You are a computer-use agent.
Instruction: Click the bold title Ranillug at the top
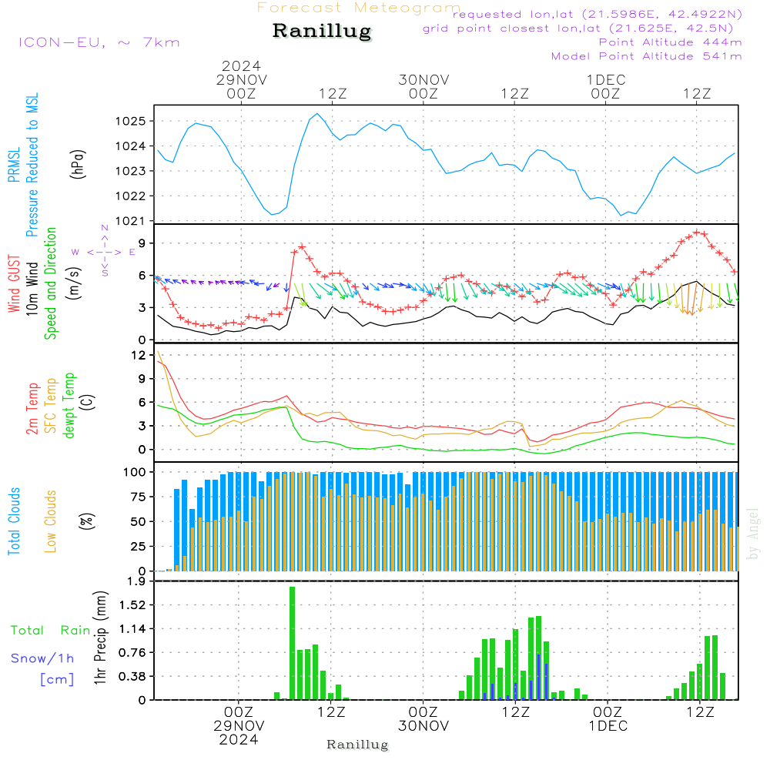coord(322,32)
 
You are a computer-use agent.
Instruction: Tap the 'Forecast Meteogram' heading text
coord(359,8)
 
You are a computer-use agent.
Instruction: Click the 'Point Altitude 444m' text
coord(670,42)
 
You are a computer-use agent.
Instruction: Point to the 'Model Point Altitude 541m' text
coord(647,56)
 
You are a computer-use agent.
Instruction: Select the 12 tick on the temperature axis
coord(139,355)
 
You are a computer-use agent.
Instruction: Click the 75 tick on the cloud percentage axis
coord(137,497)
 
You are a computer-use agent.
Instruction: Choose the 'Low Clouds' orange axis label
coord(52,521)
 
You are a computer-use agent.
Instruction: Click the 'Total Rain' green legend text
coord(50,631)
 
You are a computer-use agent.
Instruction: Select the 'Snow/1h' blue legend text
coord(43,658)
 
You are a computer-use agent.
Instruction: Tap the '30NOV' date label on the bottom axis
coord(423,726)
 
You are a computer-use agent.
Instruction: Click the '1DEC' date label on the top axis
coord(606,79)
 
